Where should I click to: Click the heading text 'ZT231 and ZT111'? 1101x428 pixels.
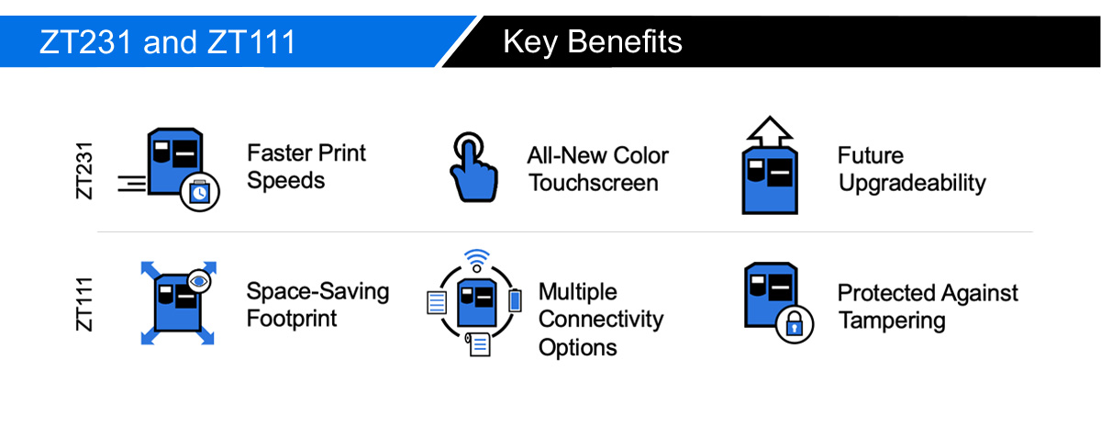coord(167,42)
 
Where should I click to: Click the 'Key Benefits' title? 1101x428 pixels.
coord(593,42)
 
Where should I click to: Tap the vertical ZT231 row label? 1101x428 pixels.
coord(84,171)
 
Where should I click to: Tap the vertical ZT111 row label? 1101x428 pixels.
coord(84,304)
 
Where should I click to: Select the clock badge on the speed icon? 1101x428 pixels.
coord(200,192)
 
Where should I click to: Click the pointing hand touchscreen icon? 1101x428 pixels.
coord(473,167)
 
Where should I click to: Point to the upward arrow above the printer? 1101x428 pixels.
coord(770,131)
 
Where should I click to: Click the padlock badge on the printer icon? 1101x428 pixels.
coord(795,324)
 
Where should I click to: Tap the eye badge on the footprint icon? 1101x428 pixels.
coord(199,281)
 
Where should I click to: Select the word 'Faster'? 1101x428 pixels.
coord(279,153)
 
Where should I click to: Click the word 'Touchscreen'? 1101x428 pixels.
coord(594,183)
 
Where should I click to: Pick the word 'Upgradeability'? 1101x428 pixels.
coord(912,184)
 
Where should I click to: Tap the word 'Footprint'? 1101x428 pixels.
coord(292,319)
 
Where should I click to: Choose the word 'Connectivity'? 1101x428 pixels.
coord(601,321)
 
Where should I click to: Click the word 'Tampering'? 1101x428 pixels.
coord(892,321)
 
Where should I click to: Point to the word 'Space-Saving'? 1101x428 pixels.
coord(317,292)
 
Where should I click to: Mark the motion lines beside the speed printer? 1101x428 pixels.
coord(132,184)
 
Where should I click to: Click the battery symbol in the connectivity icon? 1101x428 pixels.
coord(515,300)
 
